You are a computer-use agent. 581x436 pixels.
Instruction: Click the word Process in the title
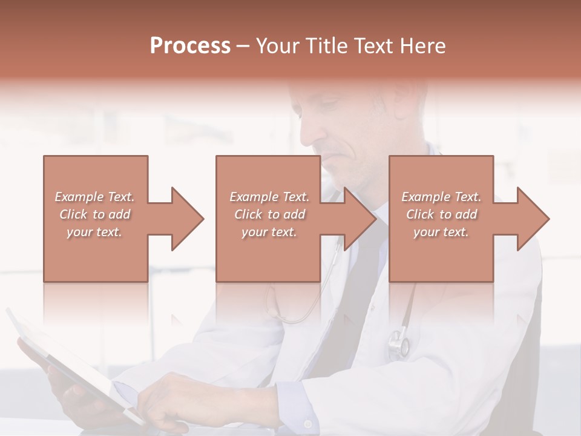pyautogui.click(x=190, y=45)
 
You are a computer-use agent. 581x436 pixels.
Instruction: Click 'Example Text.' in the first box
pyautogui.click(x=95, y=197)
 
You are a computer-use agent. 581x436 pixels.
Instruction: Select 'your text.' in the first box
pyautogui.click(x=95, y=232)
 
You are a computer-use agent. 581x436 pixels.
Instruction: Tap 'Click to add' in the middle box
pyautogui.click(x=269, y=214)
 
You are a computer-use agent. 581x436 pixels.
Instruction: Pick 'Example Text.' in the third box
pyautogui.click(x=442, y=197)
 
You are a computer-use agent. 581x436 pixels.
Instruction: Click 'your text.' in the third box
pyautogui.click(x=442, y=232)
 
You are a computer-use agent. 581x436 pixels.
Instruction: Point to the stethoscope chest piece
pyautogui.click(x=399, y=342)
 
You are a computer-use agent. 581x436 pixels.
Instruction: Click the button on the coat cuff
pyautogui.click(x=308, y=423)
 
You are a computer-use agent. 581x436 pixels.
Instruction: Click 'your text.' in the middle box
pyautogui.click(x=269, y=232)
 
